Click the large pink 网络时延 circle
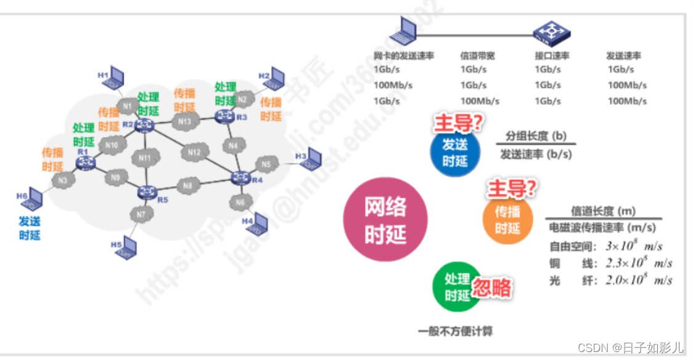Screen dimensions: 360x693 click(x=385, y=220)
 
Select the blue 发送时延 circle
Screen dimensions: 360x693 click(x=455, y=152)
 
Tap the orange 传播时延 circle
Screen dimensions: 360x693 click(x=507, y=220)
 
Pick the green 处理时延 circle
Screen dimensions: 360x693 click(x=457, y=287)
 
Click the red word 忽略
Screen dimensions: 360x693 click(x=492, y=287)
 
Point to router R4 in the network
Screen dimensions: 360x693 click(x=239, y=178)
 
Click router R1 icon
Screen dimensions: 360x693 click(x=84, y=162)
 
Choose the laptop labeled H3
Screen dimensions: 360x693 click(x=312, y=158)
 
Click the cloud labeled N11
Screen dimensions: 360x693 click(x=145, y=158)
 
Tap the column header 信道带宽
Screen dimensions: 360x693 click(x=477, y=55)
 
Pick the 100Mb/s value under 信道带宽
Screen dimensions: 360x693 click(x=479, y=101)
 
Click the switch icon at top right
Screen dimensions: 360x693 click(x=550, y=30)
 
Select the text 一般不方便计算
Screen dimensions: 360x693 click(x=455, y=332)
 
